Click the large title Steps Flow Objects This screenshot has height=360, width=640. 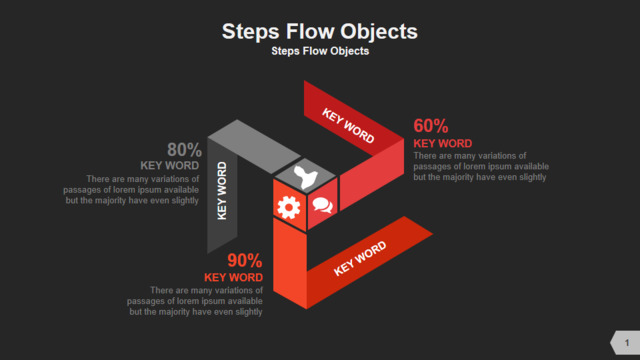click(320, 31)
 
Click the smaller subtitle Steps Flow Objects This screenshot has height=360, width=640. click(320, 51)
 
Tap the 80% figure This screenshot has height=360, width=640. click(184, 150)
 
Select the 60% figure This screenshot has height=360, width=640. click(431, 126)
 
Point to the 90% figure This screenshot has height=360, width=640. click(244, 260)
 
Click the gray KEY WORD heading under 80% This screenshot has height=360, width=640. click(170, 165)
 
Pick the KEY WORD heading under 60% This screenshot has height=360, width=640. click(443, 144)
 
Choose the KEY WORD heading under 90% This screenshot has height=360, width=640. click(233, 278)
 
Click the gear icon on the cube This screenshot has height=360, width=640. click(289, 207)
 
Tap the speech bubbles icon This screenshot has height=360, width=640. click(322, 205)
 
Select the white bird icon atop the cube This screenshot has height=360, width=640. click(305, 177)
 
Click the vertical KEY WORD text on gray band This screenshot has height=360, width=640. click(222, 191)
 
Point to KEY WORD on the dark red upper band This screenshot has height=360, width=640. click(348, 126)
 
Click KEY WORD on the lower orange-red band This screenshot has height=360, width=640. click(360, 258)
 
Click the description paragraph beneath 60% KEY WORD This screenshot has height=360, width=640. click(481, 167)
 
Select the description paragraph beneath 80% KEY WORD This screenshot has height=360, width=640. click(131, 190)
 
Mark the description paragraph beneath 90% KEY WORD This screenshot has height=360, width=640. click(195, 301)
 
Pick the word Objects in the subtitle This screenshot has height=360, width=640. click(350, 51)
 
